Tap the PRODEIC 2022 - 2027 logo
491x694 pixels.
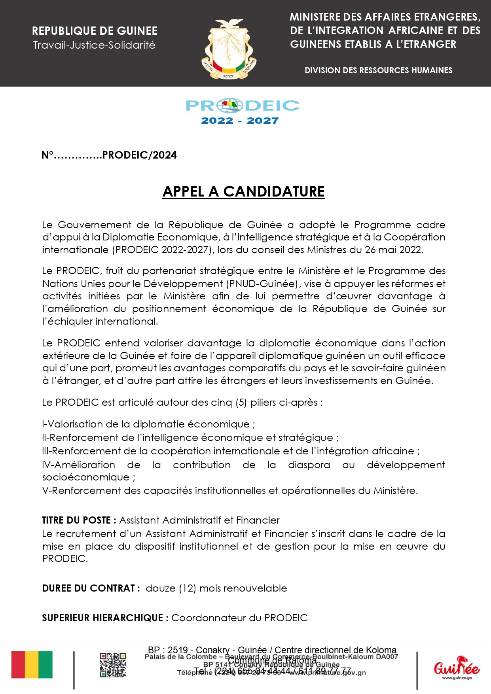pyautogui.click(x=242, y=112)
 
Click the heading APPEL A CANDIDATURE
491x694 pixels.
pyautogui.click(x=243, y=191)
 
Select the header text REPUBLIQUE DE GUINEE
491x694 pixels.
pyautogui.click(x=95, y=31)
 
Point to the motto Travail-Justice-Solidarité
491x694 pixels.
pyautogui.click(x=94, y=45)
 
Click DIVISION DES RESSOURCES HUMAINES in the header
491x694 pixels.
pyautogui.click(x=378, y=70)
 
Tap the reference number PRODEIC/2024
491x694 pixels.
pyautogui.click(x=139, y=155)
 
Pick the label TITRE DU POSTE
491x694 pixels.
pyautogui.click(x=79, y=520)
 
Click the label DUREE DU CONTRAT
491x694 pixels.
pyautogui.click(x=91, y=588)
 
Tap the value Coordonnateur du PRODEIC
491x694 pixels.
pyautogui.click(x=239, y=618)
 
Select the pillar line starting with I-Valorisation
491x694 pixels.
pyautogui.click(x=148, y=424)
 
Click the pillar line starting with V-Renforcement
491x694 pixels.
pyautogui.click(x=230, y=491)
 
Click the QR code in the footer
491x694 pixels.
pyautogui.click(x=113, y=665)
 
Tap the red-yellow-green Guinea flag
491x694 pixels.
pyautogui.click(x=32, y=665)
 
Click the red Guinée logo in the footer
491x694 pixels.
pyautogui.click(x=457, y=667)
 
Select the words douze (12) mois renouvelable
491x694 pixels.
pyautogui.click(x=216, y=588)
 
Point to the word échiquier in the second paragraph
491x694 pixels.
pyautogui.click(x=70, y=321)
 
